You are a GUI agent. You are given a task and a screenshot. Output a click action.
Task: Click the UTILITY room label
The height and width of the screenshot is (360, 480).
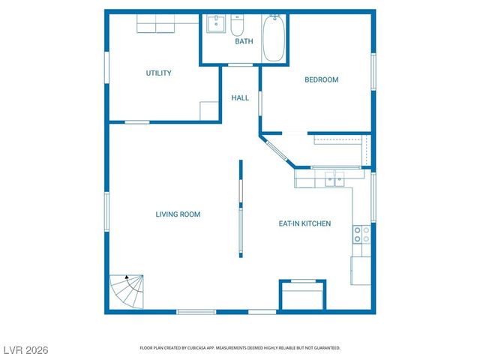(x=158, y=73)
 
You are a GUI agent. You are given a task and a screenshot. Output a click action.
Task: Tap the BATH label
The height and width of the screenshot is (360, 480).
(x=244, y=42)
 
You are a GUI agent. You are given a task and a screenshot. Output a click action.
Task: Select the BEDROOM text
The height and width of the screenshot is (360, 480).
(x=321, y=80)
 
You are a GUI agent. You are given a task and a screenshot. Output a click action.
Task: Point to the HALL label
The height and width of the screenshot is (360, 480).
(x=240, y=98)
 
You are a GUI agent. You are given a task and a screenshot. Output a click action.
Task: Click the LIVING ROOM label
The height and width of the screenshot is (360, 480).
(x=178, y=214)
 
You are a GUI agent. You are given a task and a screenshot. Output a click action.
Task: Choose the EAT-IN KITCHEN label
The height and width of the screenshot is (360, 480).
(x=304, y=223)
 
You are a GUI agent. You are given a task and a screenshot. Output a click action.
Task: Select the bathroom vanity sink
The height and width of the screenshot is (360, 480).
(x=217, y=23)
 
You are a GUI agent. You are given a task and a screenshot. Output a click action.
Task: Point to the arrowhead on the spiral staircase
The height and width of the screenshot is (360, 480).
(x=127, y=277)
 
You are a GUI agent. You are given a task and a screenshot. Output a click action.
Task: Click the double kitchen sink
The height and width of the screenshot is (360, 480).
(x=334, y=178)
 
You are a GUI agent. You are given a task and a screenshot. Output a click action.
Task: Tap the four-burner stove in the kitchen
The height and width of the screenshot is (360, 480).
(x=361, y=235)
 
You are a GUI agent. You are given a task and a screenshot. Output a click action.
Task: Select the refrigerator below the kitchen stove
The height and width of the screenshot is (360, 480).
(x=361, y=270)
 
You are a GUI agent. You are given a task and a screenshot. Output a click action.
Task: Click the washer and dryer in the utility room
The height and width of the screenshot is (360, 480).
(x=156, y=26)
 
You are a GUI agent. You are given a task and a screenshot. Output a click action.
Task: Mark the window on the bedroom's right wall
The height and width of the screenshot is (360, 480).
(x=373, y=72)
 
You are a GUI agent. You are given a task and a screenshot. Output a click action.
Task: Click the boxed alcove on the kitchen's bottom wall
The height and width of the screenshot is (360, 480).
(x=302, y=295)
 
